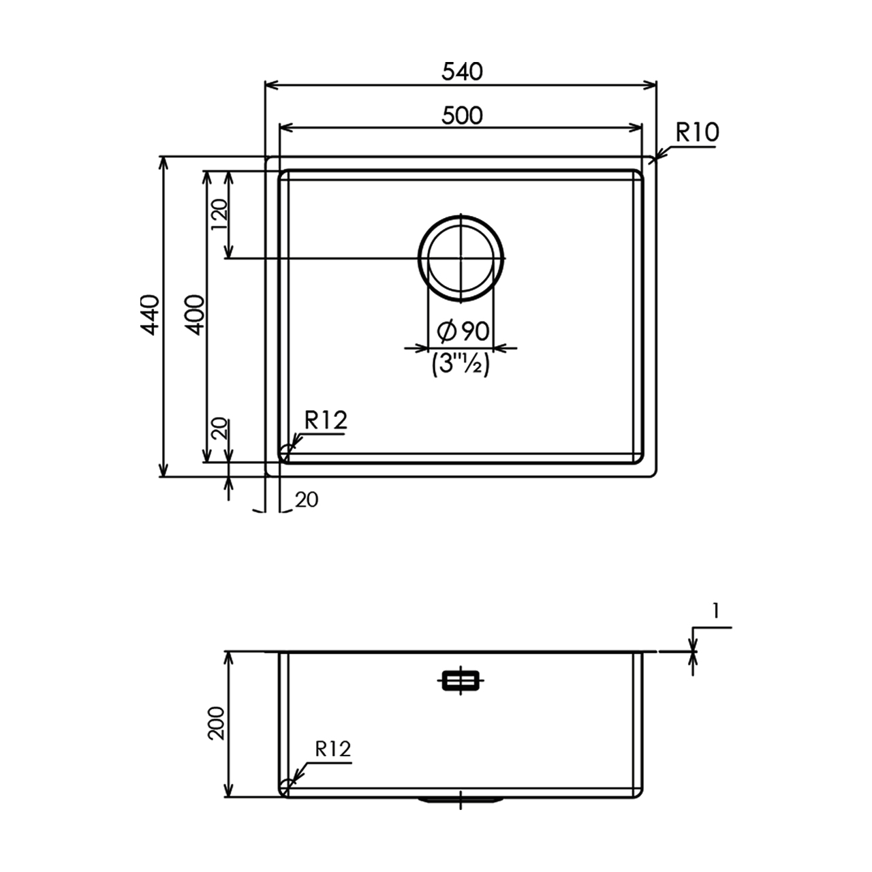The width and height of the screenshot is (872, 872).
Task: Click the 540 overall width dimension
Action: [x=462, y=72]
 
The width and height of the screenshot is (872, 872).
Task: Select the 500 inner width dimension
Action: [x=462, y=115]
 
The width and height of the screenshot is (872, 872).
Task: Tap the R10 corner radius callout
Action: [x=697, y=133]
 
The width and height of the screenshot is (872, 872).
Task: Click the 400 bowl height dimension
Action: [x=195, y=315]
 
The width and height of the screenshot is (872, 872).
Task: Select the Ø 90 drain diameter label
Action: [x=463, y=331]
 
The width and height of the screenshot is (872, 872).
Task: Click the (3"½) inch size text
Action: [x=461, y=364]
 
